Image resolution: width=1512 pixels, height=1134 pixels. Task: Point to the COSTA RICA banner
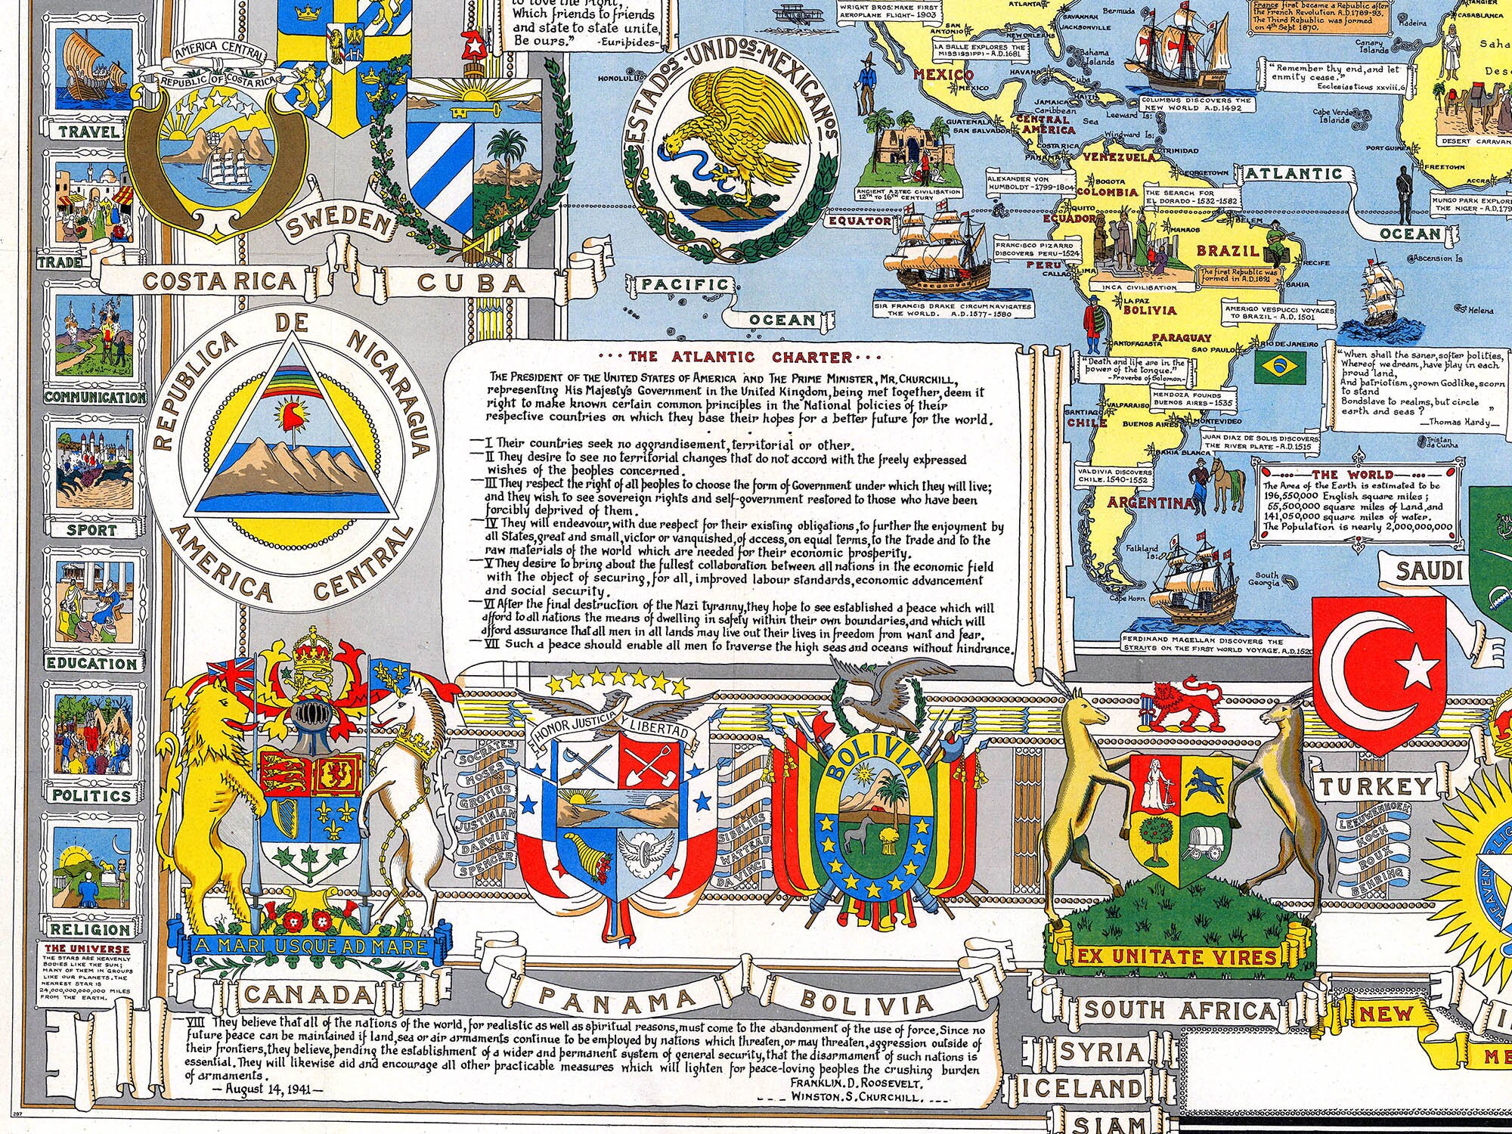[x=218, y=281]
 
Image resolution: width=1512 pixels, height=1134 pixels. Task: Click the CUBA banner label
[x=471, y=283]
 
